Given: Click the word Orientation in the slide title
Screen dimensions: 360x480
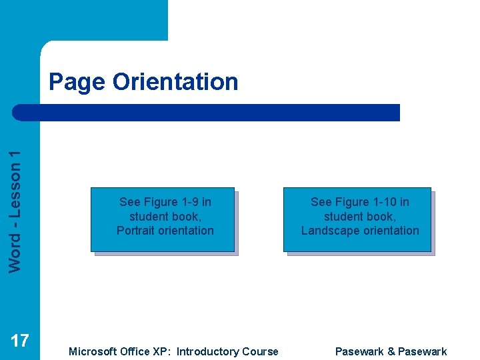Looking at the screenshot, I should pyautogui.click(x=175, y=82).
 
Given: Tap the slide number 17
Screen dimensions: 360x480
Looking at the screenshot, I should pyautogui.click(x=20, y=341).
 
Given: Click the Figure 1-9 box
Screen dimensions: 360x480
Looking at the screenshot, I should pyautogui.click(x=163, y=219).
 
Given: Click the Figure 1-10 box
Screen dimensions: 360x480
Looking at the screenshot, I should pyautogui.click(x=358, y=219).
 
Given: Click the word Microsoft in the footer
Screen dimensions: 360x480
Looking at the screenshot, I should pyautogui.click(x=93, y=351).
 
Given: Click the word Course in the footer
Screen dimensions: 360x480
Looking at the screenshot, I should pyautogui.click(x=261, y=351).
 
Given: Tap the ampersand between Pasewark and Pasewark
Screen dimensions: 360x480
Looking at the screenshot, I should pyautogui.click(x=391, y=351).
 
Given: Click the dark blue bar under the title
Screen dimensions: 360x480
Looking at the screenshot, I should pyautogui.click(x=207, y=112).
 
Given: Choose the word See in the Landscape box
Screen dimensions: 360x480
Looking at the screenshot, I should pyautogui.click(x=321, y=202).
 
